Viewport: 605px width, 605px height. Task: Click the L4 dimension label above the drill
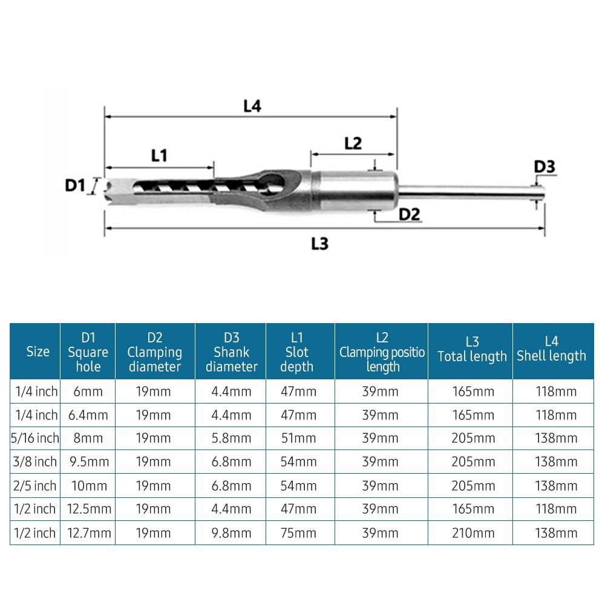pyautogui.click(x=252, y=106)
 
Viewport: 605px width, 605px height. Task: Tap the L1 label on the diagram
pyautogui.click(x=159, y=155)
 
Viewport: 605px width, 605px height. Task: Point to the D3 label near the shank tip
pyautogui.click(x=544, y=167)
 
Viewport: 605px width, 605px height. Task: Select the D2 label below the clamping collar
pyautogui.click(x=409, y=214)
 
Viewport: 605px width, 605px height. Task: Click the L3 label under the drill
pyautogui.click(x=320, y=244)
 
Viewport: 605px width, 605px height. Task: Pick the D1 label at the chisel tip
pyautogui.click(x=75, y=186)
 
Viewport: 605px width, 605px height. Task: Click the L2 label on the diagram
pyautogui.click(x=353, y=143)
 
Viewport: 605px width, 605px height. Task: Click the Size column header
pyautogui.click(x=38, y=352)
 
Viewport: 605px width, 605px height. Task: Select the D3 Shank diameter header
pyautogui.click(x=232, y=352)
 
